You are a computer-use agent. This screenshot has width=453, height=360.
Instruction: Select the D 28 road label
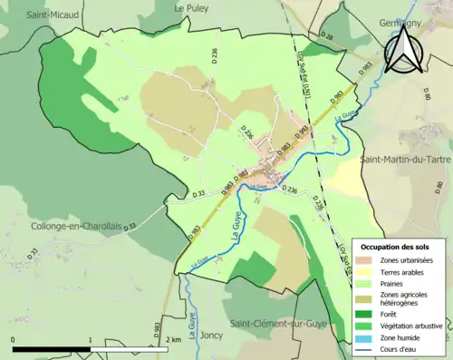point(327,36)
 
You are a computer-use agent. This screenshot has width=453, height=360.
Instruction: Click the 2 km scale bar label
point(174,339)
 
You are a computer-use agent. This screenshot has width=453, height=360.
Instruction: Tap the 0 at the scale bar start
point(14,339)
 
